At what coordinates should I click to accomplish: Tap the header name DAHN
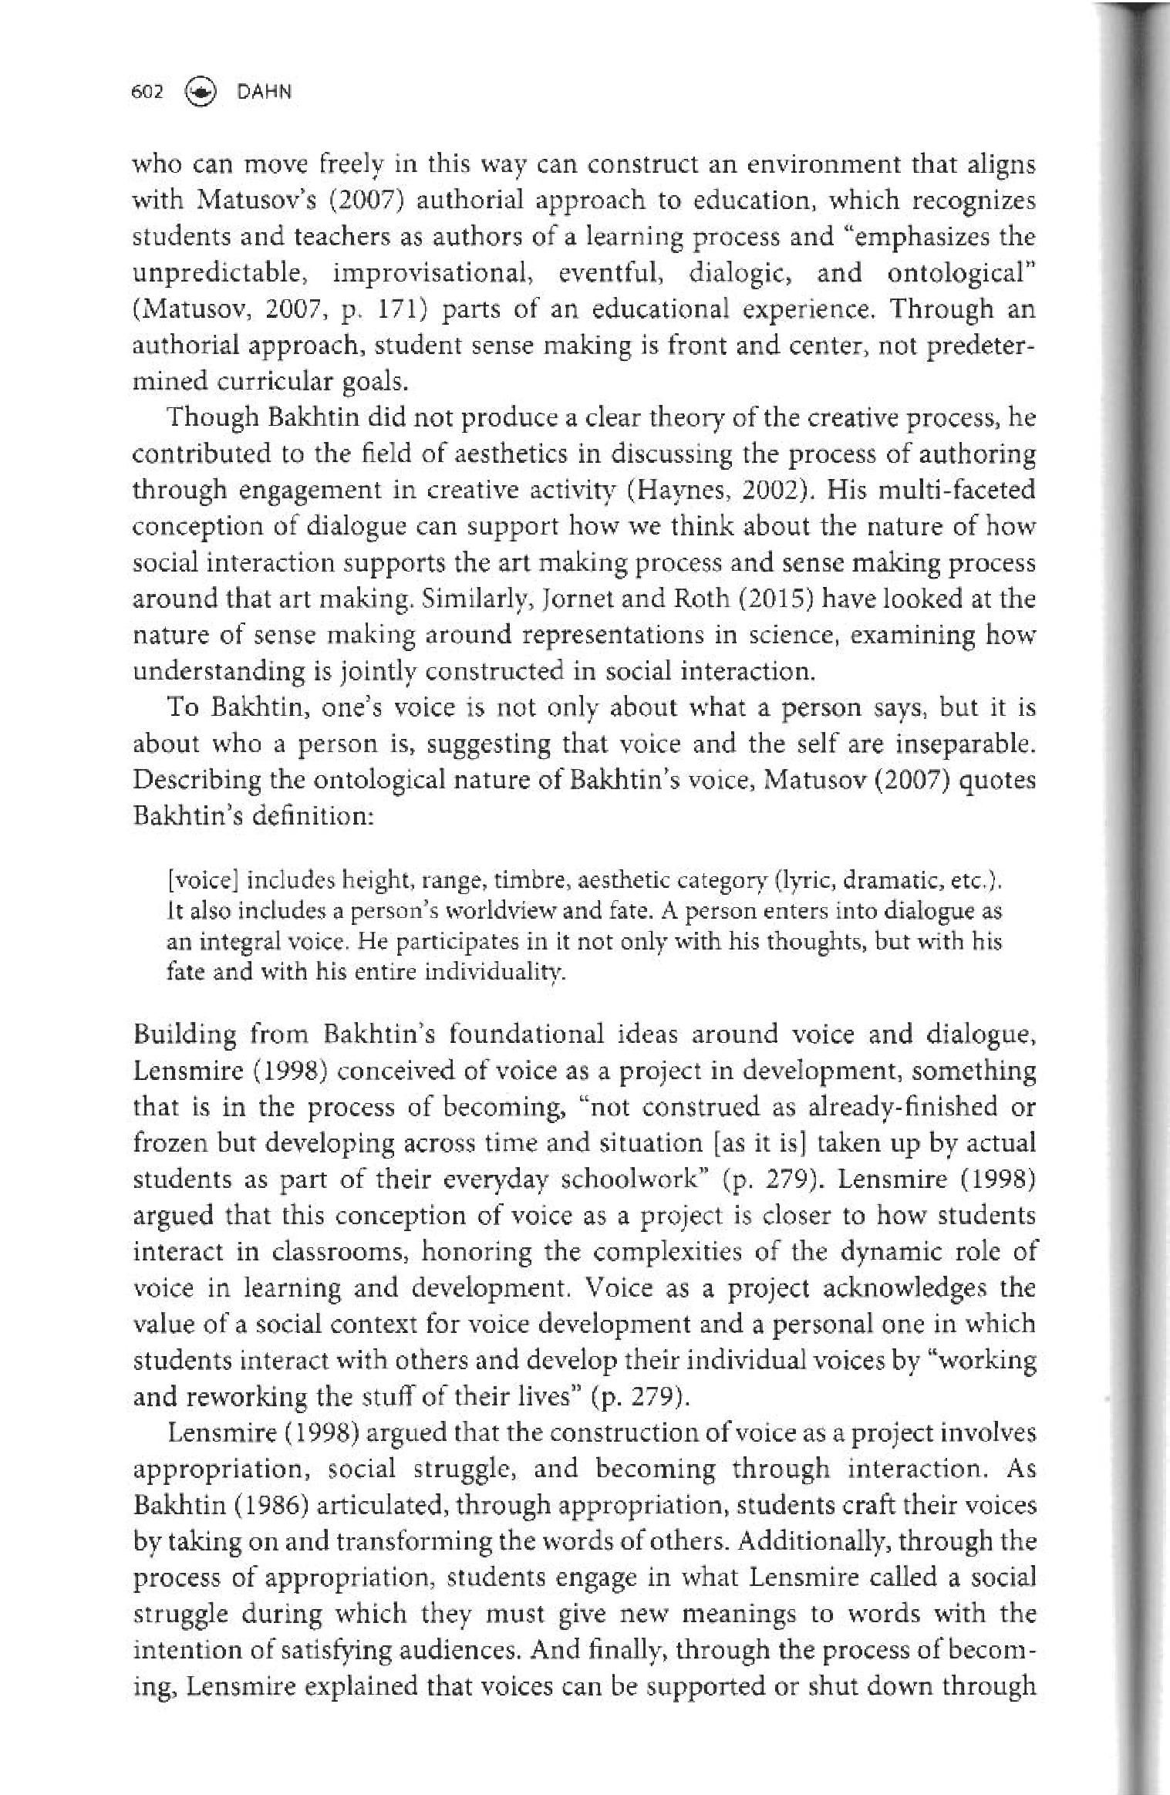coord(265,92)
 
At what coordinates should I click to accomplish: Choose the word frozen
coord(170,1143)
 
